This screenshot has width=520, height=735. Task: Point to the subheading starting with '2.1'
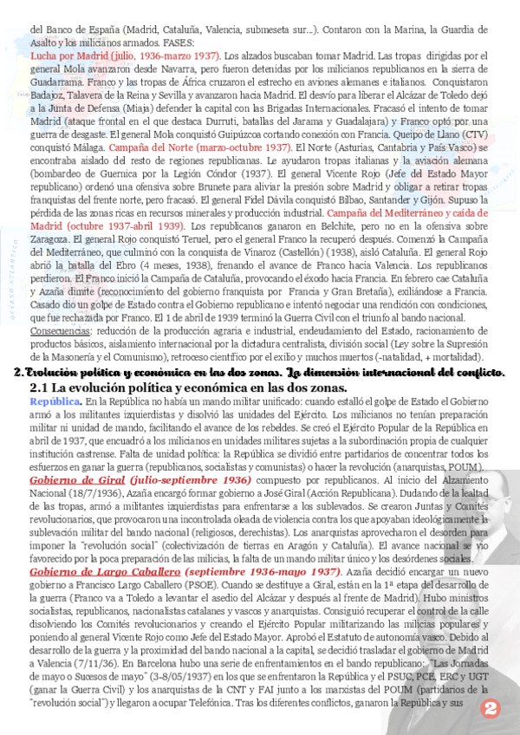188,387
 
